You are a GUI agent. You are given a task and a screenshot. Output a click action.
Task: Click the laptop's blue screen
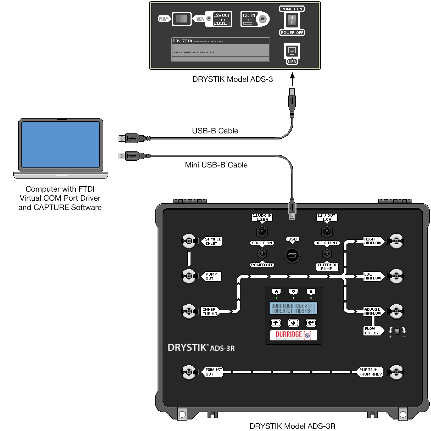coord(60,144)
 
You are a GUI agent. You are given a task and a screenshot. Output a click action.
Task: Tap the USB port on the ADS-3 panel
coord(292,51)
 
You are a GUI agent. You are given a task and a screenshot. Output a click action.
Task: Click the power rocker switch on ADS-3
coord(292,21)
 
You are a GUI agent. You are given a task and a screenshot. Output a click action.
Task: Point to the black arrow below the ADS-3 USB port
coord(292,79)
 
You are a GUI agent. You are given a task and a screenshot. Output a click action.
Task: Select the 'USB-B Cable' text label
coord(215,131)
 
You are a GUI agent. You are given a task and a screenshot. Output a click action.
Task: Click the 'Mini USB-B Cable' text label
coord(216,165)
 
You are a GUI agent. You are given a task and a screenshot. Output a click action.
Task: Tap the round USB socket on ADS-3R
coord(292,255)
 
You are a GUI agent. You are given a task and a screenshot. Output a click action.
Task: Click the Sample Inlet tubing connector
coord(189,241)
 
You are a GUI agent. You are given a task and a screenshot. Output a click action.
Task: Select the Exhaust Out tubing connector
coord(189,372)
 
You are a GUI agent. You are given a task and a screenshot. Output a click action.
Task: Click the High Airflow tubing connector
coord(396,241)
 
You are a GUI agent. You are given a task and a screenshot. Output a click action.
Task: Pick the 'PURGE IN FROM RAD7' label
coord(370,372)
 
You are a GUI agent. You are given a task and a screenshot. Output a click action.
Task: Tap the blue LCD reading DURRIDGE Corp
coord(293,308)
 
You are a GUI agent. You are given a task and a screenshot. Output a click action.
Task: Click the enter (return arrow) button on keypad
coord(311,323)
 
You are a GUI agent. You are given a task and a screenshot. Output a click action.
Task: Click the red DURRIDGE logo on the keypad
coord(293,335)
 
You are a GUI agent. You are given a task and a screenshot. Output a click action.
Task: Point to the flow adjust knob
coord(397,332)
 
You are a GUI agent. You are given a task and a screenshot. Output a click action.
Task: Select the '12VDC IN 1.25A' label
coord(262,217)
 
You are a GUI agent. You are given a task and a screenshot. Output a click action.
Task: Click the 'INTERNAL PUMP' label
coord(327,267)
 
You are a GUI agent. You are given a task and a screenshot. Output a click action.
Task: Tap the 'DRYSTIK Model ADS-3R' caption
coord(292,426)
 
